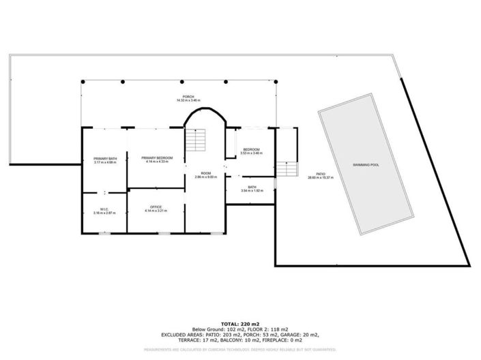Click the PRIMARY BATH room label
(x=105, y=159)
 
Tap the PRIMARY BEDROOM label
(x=157, y=157)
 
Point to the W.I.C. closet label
(x=104, y=209)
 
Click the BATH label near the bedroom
(x=252, y=187)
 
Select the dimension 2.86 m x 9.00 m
(x=205, y=177)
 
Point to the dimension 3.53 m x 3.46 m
(x=251, y=153)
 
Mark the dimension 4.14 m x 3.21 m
(x=156, y=211)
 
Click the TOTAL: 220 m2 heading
(x=240, y=323)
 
